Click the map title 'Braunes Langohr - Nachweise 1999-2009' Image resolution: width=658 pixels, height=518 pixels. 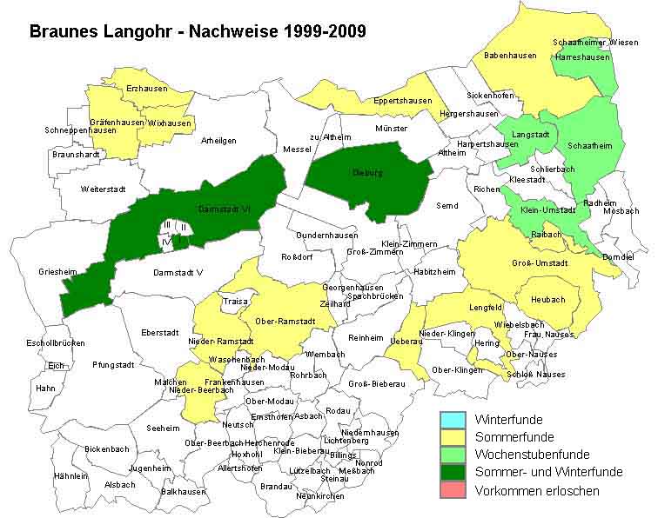[x=197, y=31]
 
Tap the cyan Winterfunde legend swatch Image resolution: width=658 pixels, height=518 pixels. [x=454, y=420]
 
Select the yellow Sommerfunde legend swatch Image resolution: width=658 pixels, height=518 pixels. [x=454, y=437]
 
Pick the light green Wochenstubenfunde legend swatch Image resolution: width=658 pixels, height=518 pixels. [x=454, y=455]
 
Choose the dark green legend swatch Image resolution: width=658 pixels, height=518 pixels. [x=454, y=472]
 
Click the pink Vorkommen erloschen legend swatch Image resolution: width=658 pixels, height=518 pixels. [x=454, y=490]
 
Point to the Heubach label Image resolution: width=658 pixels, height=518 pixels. [x=547, y=300]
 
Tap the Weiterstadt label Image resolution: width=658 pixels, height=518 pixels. [x=104, y=189]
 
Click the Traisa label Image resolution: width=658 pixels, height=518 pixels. [x=235, y=302]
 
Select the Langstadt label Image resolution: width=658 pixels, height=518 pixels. [x=531, y=136]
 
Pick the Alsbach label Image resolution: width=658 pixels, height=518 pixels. [x=119, y=484]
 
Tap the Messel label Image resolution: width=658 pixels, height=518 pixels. [x=297, y=149]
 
